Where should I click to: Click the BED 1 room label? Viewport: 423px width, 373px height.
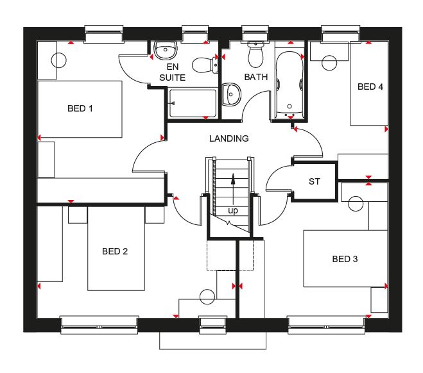80,108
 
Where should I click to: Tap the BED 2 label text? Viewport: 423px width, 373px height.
115,251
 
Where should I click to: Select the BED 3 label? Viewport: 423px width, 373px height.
345,259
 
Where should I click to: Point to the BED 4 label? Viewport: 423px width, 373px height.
370,87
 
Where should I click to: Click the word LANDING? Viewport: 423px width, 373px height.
229,138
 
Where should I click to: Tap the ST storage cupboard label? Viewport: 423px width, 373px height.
315,181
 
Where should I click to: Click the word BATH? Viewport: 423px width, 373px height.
256,77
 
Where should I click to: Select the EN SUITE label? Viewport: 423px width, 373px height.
173,72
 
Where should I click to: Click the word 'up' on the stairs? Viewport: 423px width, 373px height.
233,210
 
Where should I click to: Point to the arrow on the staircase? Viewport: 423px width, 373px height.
233,189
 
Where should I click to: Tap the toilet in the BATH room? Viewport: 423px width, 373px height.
255,55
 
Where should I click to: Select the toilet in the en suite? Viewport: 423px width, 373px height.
205,65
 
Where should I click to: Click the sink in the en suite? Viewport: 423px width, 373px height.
166,50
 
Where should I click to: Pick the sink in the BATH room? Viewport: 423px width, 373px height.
231,94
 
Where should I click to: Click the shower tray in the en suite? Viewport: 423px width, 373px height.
193,103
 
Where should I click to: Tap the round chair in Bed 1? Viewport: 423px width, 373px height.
58,60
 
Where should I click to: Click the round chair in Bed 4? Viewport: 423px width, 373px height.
329,63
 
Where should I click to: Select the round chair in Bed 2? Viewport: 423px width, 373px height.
207,297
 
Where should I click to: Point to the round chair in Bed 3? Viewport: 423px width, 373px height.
356,204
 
